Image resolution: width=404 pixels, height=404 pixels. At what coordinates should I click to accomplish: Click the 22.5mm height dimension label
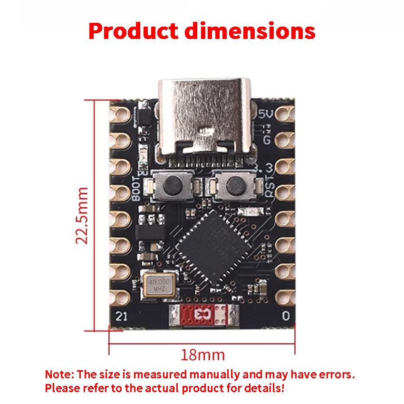pyautogui.click(x=83, y=215)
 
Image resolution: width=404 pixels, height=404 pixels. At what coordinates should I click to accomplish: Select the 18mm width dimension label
pyautogui.click(x=202, y=355)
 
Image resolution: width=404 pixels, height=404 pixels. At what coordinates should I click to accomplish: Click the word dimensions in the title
pyautogui.click(x=250, y=31)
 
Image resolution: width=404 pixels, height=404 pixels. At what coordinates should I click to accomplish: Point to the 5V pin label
pyautogui.click(x=266, y=114)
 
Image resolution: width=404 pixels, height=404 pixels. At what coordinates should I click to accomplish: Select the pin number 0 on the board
pyautogui.click(x=285, y=315)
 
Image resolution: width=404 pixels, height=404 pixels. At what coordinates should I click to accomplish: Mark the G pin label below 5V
pyautogui.click(x=267, y=140)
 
